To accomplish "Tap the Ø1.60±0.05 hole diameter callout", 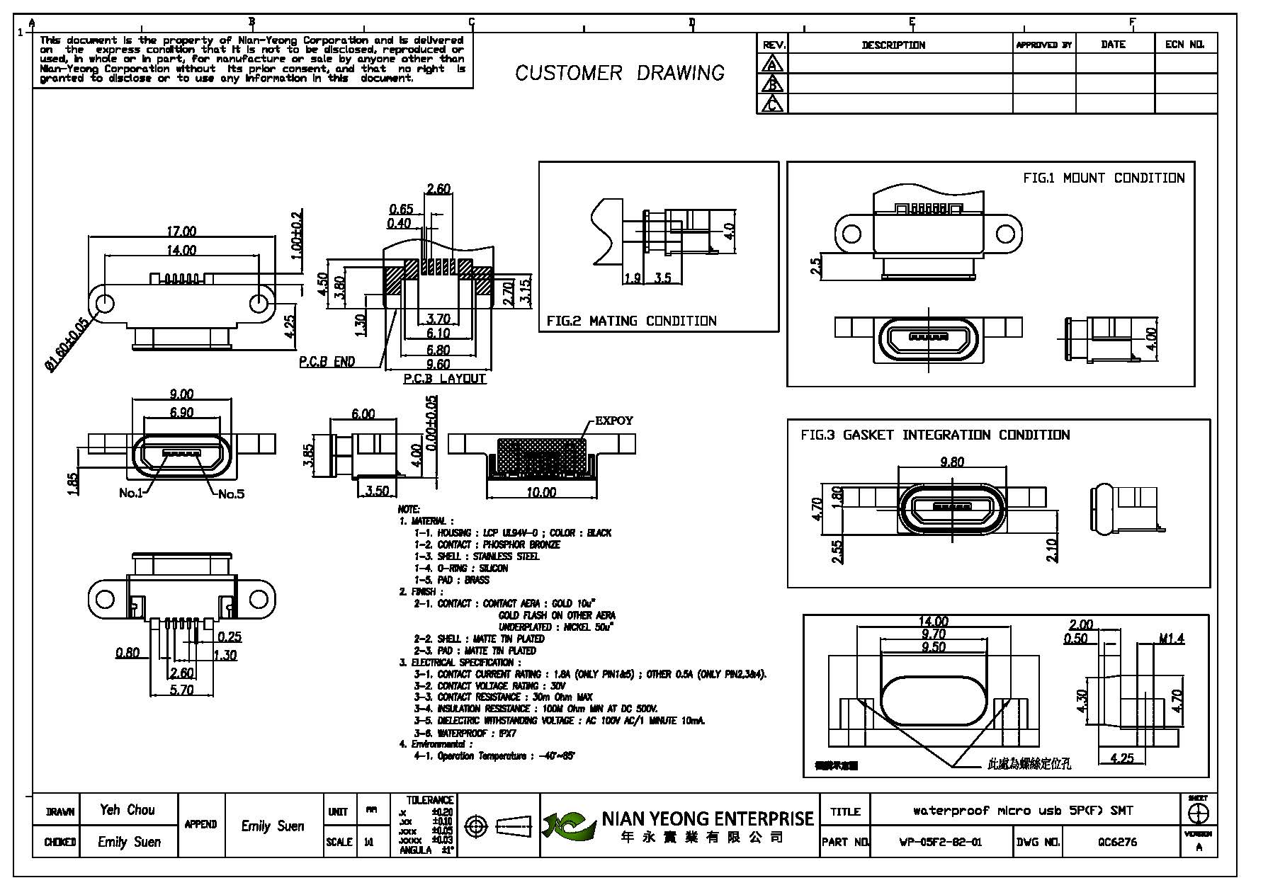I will point(67,345).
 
